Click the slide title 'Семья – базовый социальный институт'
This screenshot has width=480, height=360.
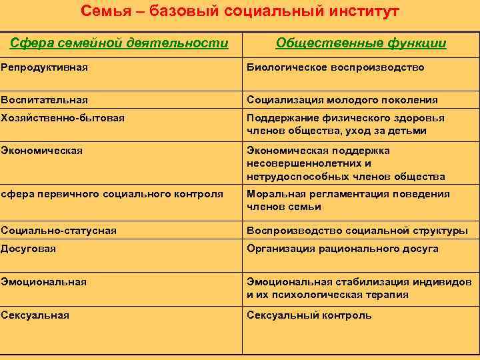(240, 11)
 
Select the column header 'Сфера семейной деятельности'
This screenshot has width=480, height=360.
(119, 43)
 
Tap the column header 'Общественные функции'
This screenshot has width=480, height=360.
(361, 43)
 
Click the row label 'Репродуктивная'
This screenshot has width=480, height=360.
(45, 67)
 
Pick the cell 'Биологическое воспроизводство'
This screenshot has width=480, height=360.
(335, 67)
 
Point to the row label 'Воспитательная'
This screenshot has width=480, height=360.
(45, 100)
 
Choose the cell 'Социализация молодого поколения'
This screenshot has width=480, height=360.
(342, 100)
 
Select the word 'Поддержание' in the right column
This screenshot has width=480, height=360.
(279, 118)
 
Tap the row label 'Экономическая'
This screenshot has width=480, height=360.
(42, 150)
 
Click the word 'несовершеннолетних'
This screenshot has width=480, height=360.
(299, 163)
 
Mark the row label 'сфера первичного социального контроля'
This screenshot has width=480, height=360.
(112, 194)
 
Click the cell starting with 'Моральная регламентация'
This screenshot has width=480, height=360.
(348, 200)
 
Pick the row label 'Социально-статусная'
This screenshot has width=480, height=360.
(59, 231)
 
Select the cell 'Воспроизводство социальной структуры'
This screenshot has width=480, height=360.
(357, 231)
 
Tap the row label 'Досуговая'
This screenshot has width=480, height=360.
(29, 249)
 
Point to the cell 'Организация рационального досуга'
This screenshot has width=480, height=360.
(343, 249)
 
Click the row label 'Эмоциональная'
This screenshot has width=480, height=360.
(44, 282)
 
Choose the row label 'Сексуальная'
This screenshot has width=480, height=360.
(35, 315)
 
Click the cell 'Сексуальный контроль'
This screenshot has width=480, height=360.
(309, 315)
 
